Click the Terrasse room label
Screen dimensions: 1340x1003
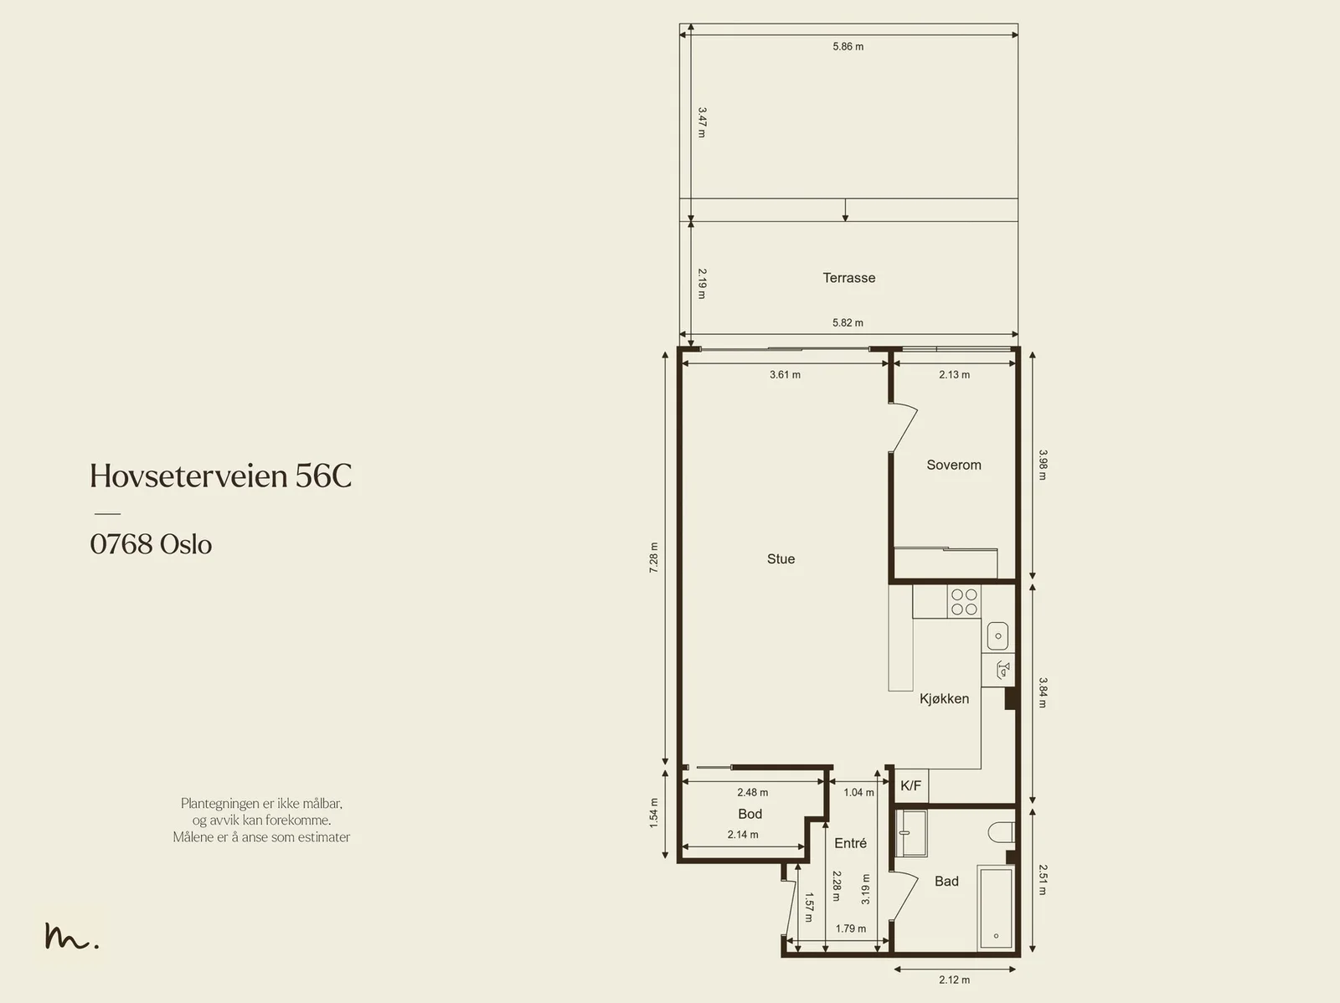(x=848, y=278)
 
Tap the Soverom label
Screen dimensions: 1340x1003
(x=954, y=465)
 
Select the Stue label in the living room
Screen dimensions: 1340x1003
(x=781, y=558)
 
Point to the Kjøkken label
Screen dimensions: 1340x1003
(x=944, y=698)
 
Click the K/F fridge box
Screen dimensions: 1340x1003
(x=911, y=786)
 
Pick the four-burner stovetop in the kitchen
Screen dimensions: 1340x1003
(x=964, y=602)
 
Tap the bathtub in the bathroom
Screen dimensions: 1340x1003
(x=996, y=908)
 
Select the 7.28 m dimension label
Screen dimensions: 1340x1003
(x=653, y=558)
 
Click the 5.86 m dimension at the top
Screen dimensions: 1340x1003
(x=848, y=46)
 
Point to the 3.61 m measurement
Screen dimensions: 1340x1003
(x=785, y=374)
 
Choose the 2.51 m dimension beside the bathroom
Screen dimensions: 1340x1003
(x=1043, y=880)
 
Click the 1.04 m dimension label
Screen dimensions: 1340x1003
(x=858, y=793)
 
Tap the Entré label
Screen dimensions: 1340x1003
(x=850, y=843)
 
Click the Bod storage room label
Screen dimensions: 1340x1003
(x=750, y=814)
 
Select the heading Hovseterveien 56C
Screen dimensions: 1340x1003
(x=221, y=476)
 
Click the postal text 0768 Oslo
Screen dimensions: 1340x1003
(x=151, y=544)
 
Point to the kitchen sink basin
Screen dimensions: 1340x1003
(x=998, y=635)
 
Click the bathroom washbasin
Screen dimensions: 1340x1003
(x=911, y=833)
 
